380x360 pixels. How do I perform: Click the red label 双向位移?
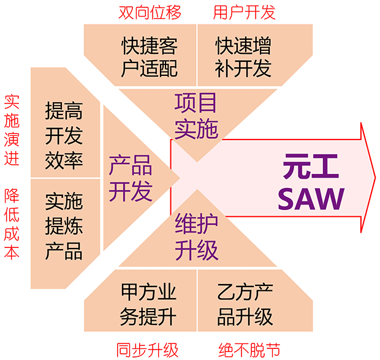tap(150, 11)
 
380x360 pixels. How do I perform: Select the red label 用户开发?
tap(245, 11)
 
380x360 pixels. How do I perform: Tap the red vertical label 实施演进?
tap(12, 130)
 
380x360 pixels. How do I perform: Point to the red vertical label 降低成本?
tap(12, 223)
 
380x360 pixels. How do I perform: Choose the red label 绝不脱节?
tap(249, 350)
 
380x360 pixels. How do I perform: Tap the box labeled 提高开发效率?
tap(64, 135)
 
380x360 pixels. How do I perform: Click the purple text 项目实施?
tap(196, 114)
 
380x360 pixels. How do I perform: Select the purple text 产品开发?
tap(130, 178)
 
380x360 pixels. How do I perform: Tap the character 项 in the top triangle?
tap(186, 102)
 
